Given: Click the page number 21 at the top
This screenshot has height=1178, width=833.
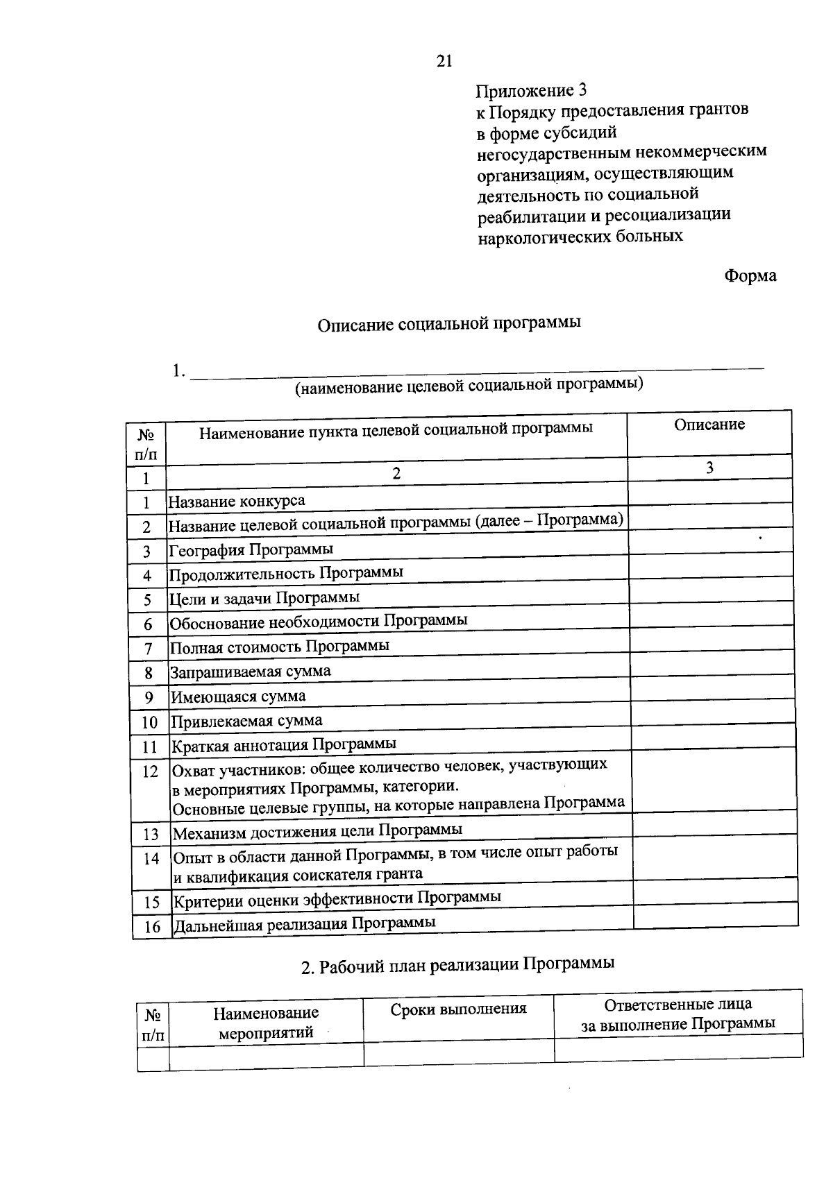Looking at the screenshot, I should (x=444, y=62).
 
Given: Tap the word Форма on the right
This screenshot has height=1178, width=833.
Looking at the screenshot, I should (x=750, y=276).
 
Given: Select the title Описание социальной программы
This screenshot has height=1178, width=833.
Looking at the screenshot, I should (x=449, y=325).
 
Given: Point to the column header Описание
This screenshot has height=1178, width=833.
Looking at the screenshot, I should (x=709, y=425).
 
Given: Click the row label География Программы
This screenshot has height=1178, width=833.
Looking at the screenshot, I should (x=251, y=549).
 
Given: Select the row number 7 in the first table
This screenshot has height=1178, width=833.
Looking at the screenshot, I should (x=148, y=649).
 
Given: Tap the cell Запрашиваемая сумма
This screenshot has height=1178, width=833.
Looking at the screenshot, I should (x=251, y=672).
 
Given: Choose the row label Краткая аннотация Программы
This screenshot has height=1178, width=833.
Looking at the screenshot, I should (x=284, y=744).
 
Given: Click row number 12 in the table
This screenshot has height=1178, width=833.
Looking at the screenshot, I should (x=150, y=771).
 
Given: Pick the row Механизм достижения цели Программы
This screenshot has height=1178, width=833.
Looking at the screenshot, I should (x=317, y=830).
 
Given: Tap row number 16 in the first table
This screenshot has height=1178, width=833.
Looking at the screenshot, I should (x=152, y=927).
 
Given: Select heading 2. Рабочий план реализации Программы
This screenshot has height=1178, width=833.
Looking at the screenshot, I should (x=457, y=965).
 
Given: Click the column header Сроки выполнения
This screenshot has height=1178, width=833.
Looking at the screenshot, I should (x=458, y=1009).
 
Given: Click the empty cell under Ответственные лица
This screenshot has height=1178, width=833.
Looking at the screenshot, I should (x=678, y=1047).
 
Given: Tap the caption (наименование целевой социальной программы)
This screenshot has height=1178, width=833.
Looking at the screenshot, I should (x=469, y=385).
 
